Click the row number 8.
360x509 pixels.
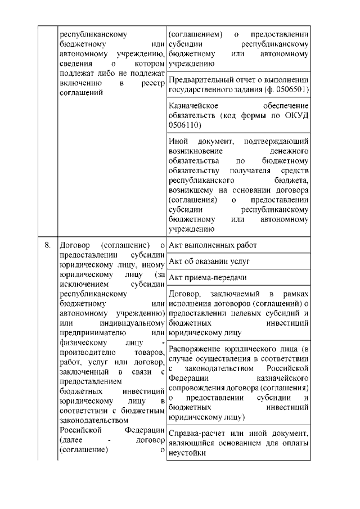[48, 246]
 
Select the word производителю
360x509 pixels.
[91, 352]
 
